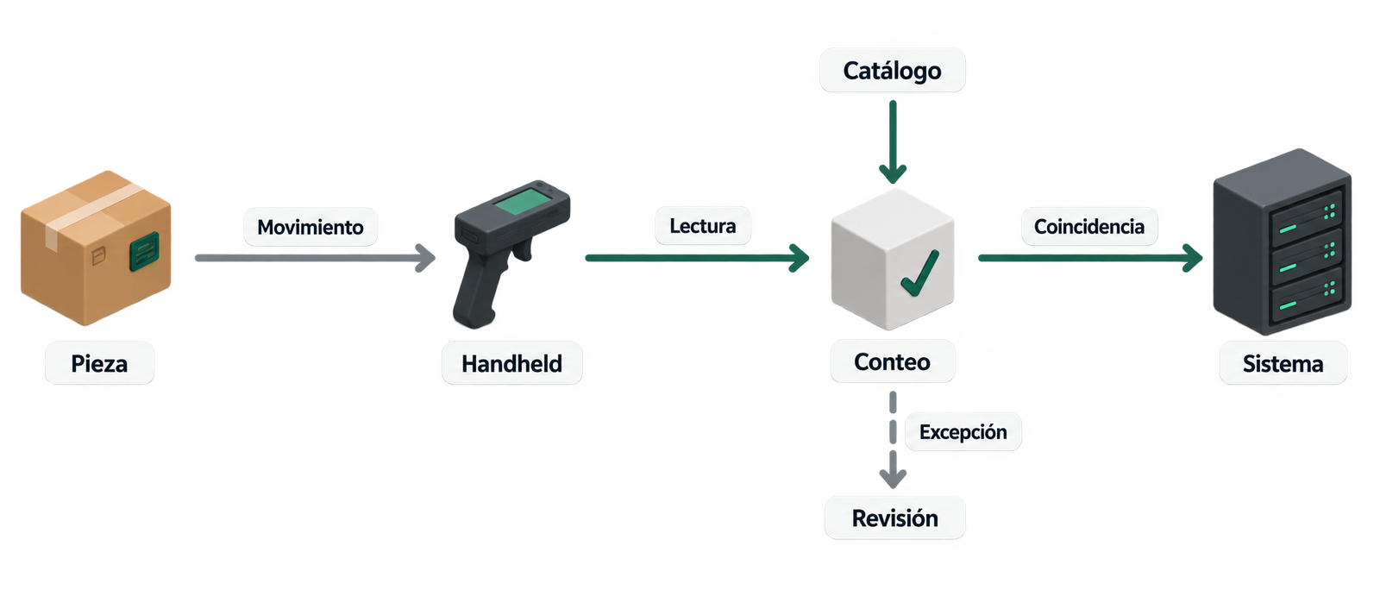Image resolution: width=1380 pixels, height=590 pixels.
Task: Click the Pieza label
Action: (99, 363)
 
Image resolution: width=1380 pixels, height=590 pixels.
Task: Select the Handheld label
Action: (512, 363)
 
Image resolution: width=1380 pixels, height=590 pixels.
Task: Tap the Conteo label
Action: (892, 361)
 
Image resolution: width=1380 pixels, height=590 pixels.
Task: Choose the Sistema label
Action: (1283, 363)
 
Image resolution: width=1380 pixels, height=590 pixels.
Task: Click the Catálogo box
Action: (892, 70)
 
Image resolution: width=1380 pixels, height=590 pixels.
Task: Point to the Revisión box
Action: (894, 518)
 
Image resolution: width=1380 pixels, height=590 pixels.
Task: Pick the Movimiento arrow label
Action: (310, 227)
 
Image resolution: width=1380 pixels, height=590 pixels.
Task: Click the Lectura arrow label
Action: (703, 225)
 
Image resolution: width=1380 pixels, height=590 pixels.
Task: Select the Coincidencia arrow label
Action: (1089, 226)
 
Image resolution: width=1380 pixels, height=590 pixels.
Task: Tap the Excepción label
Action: (963, 432)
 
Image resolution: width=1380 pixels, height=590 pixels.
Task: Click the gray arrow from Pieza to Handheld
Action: (316, 258)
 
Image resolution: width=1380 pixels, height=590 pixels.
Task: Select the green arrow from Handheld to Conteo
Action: (698, 258)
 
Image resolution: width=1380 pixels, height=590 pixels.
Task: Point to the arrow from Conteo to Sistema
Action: (1090, 258)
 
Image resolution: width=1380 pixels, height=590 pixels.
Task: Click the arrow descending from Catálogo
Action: (893, 141)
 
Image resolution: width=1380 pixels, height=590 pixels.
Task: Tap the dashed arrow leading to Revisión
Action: (893, 440)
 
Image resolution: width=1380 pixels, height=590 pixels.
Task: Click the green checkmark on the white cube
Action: (919, 273)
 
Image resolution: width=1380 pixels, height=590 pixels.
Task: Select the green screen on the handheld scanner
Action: (524, 202)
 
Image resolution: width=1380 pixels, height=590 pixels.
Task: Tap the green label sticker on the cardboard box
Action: (144, 251)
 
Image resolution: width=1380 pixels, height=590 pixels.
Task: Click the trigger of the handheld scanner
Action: (523, 248)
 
